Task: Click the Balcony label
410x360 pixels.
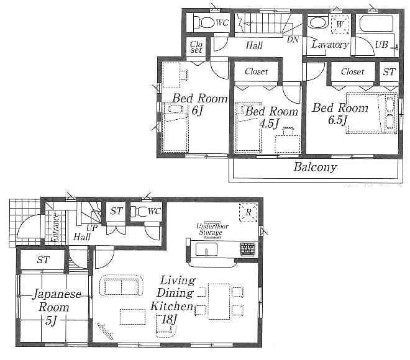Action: point(315,167)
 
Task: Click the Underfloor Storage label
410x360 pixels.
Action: point(212,229)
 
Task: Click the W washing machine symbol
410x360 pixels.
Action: point(339,25)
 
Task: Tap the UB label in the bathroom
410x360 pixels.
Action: point(381,45)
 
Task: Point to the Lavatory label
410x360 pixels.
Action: point(330,45)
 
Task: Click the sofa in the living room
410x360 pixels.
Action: point(121,286)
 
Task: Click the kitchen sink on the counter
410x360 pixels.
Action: point(206,249)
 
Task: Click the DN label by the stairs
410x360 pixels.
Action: point(293,38)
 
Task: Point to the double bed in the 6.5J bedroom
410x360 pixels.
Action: point(370,112)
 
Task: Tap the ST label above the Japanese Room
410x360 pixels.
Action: point(42,259)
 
